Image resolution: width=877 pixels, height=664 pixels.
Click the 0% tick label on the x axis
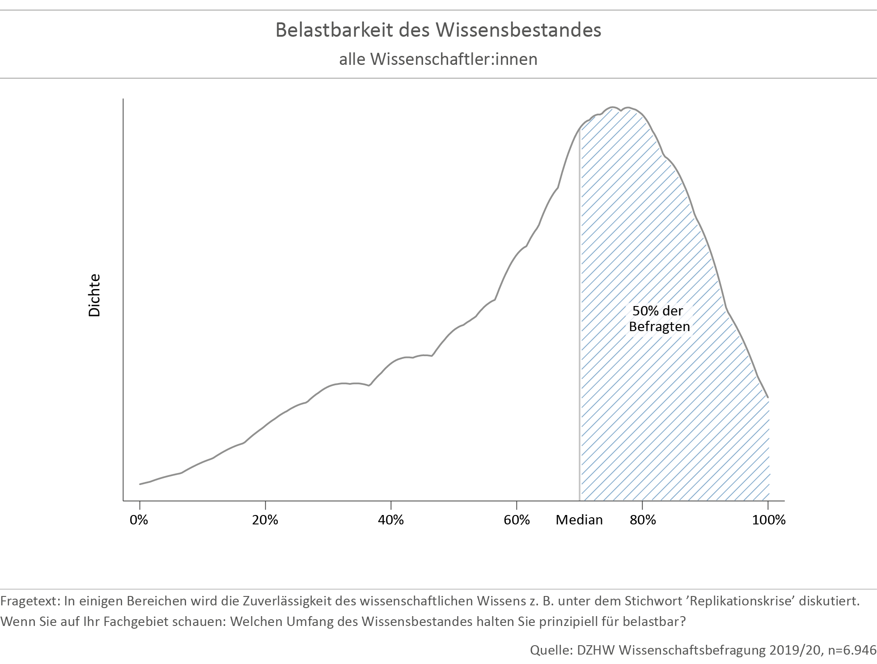point(139,520)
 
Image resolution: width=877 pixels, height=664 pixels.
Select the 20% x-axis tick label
point(265,520)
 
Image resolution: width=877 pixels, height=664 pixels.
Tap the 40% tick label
point(390,520)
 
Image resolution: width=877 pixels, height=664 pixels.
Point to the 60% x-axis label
point(517,520)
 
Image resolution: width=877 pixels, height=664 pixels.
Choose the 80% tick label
point(642,520)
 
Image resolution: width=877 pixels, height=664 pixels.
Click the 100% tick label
point(768,520)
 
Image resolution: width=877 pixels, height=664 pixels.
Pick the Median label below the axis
point(579,520)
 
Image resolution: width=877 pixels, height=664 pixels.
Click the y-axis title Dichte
point(95,295)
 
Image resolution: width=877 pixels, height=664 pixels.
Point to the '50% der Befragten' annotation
point(659,319)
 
